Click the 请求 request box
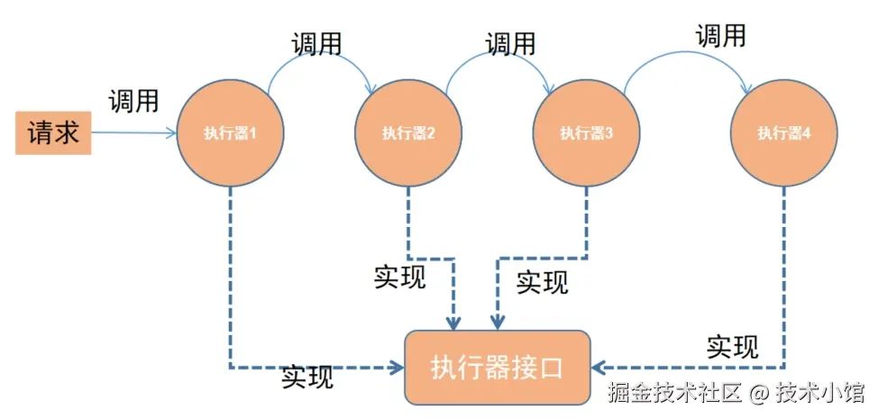pyautogui.click(x=53, y=133)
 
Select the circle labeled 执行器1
pyautogui.click(x=231, y=133)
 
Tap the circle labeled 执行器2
pyautogui.click(x=408, y=133)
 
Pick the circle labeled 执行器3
pyautogui.click(x=586, y=133)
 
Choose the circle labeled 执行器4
pyautogui.click(x=783, y=133)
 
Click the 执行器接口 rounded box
pyautogui.click(x=498, y=368)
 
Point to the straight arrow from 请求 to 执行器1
pyautogui.click(x=133, y=133)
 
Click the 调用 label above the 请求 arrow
pyautogui.click(x=133, y=101)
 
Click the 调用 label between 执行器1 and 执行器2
pyautogui.click(x=316, y=43)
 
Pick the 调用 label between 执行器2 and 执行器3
pyautogui.click(x=510, y=43)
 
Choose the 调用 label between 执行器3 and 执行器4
pyautogui.click(x=721, y=36)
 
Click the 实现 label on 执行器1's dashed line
pyautogui.click(x=307, y=377)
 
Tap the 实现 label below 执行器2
pyautogui.click(x=399, y=276)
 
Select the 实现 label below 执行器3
pyautogui.click(x=542, y=282)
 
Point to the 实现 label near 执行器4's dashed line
pyautogui.click(x=733, y=346)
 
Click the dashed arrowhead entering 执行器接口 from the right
pyautogui.click(x=598, y=368)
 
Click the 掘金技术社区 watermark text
pyautogui.click(x=675, y=392)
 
